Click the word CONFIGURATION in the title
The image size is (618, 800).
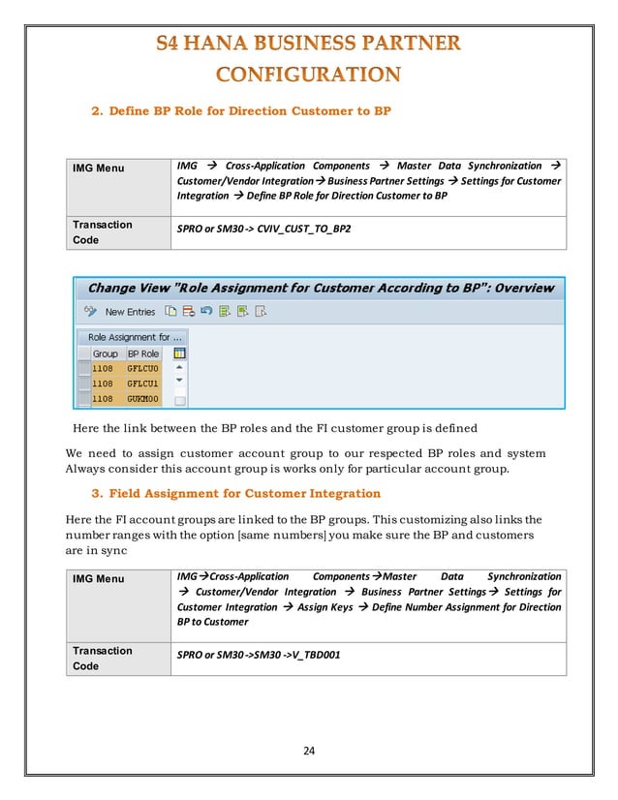tap(307, 75)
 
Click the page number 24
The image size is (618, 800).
tap(308, 750)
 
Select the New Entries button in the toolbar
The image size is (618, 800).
tap(129, 312)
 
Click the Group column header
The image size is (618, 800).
tap(105, 354)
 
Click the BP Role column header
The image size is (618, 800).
tap(143, 354)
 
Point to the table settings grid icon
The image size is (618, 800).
tap(179, 354)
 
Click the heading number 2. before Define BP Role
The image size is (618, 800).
tap(97, 111)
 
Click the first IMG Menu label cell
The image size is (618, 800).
tap(98, 169)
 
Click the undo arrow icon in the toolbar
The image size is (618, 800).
tap(205, 312)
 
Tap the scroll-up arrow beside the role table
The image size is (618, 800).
tap(179, 369)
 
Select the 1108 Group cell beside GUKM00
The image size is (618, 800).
tap(103, 399)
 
